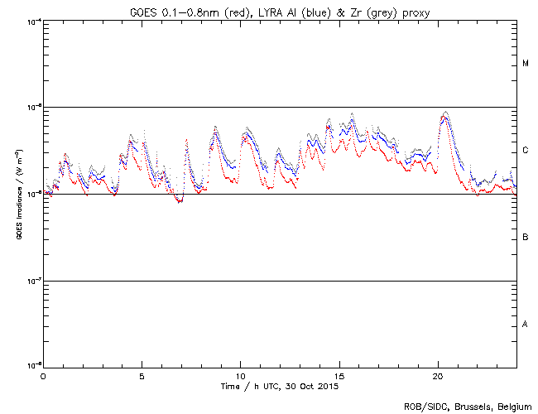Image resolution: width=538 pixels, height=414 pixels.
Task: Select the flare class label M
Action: point(526,64)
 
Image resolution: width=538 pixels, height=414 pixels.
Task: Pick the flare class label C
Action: point(526,151)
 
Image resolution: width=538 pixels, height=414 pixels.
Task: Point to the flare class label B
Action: point(526,238)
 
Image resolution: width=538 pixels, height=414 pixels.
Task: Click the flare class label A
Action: point(526,324)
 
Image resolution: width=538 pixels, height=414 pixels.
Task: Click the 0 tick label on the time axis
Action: point(43,375)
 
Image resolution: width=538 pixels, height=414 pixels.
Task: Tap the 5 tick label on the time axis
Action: point(142,375)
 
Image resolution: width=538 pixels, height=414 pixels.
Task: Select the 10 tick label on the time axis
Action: point(240,375)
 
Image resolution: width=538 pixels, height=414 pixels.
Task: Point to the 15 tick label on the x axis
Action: point(339,375)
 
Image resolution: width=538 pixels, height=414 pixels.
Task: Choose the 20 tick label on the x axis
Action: point(438,375)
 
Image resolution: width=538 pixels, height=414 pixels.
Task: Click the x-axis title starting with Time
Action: point(280,386)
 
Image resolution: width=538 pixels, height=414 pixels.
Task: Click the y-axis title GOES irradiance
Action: point(18,194)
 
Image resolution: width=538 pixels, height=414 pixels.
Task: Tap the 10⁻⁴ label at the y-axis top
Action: point(33,21)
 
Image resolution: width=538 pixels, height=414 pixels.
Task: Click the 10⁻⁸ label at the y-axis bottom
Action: point(33,365)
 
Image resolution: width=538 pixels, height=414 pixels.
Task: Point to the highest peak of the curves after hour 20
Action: point(445,112)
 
